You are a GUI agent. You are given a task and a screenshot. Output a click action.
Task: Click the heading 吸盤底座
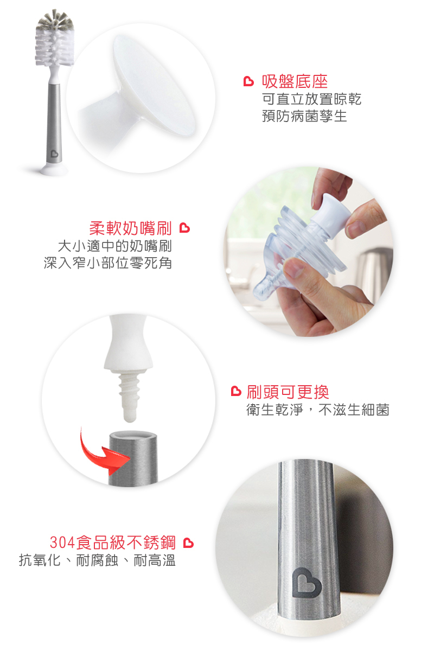click(295, 82)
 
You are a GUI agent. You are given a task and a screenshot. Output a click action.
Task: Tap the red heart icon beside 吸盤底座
click(248, 82)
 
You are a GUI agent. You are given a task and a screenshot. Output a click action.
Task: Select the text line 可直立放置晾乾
click(311, 99)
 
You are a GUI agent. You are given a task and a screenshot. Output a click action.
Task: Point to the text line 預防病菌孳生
click(304, 116)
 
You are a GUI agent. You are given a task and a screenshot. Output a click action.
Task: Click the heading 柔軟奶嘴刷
click(131, 228)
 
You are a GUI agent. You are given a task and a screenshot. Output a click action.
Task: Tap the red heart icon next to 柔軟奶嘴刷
click(184, 228)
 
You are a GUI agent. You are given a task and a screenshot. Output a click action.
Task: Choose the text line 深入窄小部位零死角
click(107, 263)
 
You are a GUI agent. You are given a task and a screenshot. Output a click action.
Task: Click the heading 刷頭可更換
click(288, 392)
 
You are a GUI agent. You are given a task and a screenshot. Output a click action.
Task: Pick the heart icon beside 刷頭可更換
click(236, 391)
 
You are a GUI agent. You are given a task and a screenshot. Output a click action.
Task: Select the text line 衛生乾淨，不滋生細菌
click(318, 410)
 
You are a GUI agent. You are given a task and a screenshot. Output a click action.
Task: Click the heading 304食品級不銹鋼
click(113, 542)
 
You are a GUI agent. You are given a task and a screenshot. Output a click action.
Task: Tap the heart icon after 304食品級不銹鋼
click(188, 543)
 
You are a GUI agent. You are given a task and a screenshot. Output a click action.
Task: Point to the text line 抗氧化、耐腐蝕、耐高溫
click(98, 560)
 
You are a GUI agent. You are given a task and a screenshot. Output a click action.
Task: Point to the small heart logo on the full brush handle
click(54, 154)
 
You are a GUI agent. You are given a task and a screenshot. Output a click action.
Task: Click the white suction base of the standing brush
click(55, 169)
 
